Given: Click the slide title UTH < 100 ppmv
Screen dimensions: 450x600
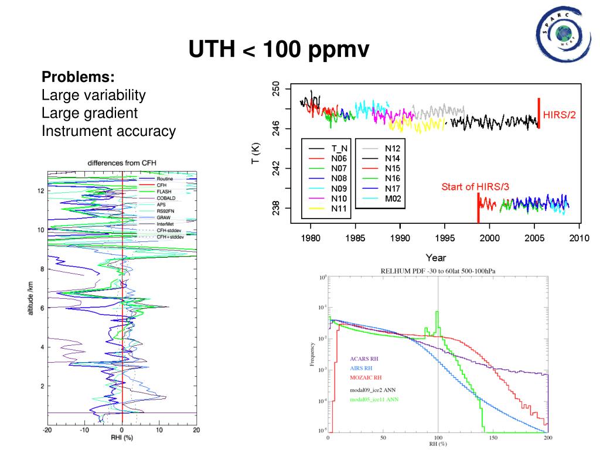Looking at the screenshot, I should [x=279, y=51].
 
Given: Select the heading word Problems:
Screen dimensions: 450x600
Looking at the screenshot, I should [x=78, y=78].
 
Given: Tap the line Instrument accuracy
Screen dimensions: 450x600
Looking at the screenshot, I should [x=108, y=131].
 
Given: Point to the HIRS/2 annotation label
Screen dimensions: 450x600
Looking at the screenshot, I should [x=560, y=115].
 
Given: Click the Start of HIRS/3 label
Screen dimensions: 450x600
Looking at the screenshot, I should [x=475, y=187].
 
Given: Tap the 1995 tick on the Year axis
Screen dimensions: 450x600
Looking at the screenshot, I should [x=445, y=238].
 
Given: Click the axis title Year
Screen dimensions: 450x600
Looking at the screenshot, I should [x=436, y=257].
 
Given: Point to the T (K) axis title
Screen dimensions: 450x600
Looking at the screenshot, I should [x=256, y=154].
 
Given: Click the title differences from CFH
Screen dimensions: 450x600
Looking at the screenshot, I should [x=122, y=162].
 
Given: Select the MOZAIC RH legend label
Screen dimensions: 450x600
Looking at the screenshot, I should [x=366, y=377].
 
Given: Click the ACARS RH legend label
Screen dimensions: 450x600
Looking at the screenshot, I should [x=364, y=358].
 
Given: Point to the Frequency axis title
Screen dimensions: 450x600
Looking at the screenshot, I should [x=312, y=354].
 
